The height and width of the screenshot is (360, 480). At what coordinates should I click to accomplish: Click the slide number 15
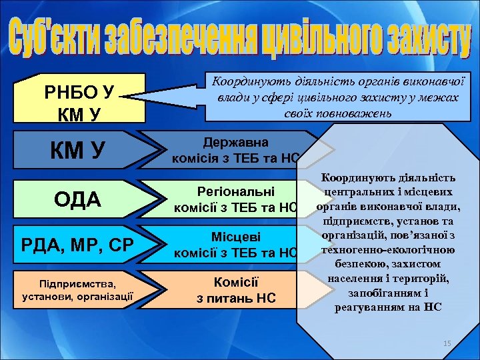coord(447,343)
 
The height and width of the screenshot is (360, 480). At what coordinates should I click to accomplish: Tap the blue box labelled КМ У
coord(78,150)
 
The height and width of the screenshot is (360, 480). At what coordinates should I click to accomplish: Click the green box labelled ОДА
coord(78,198)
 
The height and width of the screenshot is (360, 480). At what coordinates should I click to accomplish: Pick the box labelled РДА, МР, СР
coord(78,243)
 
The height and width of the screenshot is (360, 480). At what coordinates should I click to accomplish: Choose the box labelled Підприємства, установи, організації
coord(78,288)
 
